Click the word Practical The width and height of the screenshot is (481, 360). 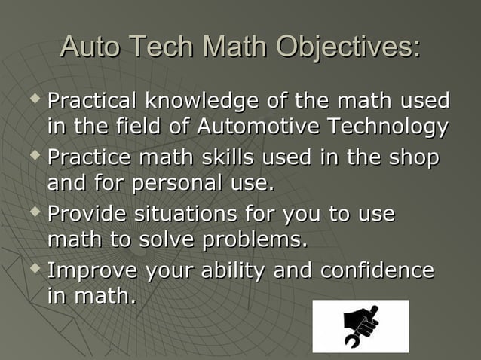pos(93,100)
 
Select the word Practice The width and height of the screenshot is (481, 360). pos(89,158)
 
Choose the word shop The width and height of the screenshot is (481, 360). pos(412,158)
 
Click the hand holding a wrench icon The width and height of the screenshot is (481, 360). pos(360,326)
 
